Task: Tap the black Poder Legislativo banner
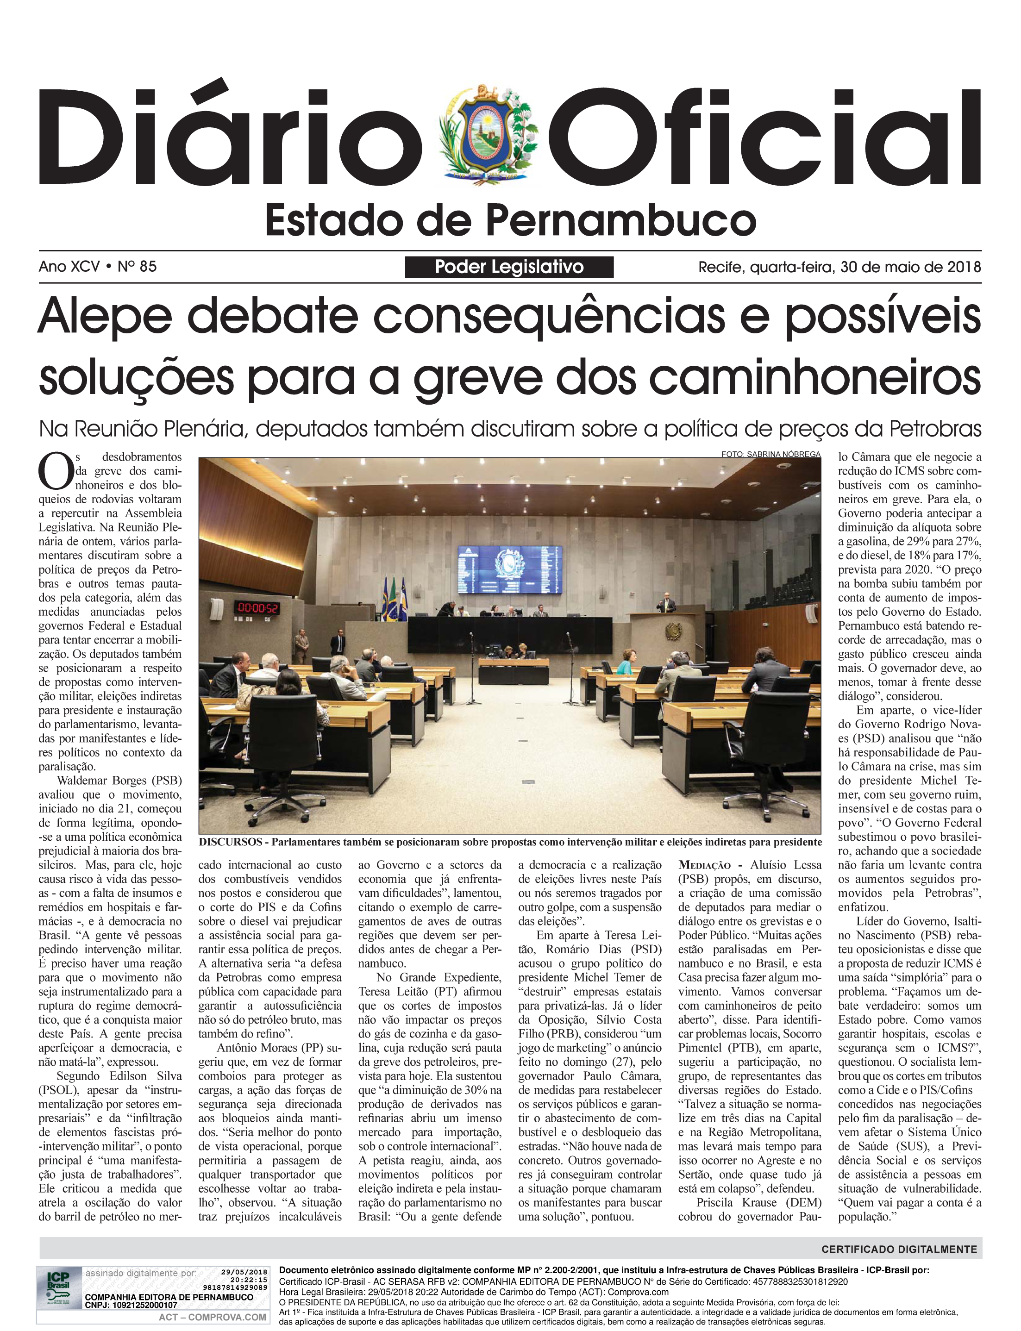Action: tap(509, 267)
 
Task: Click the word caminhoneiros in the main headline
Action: tap(814, 377)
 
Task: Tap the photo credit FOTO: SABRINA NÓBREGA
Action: tap(770, 454)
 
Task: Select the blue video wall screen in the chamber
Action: tap(509, 570)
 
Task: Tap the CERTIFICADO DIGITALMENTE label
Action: tap(899, 1250)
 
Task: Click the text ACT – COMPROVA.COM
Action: tap(212, 1317)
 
